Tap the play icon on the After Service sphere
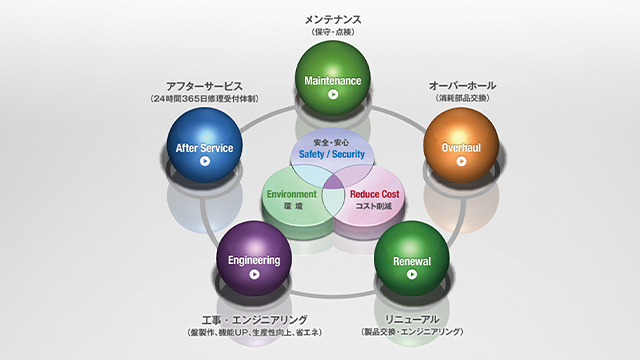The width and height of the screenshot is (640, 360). pyautogui.click(x=204, y=160)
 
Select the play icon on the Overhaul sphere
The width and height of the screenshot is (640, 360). pyautogui.click(x=461, y=160)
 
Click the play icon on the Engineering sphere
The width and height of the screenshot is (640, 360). pyautogui.click(x=254, y=274)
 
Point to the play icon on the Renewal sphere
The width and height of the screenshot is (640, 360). pyautogui.click(x=411, y=274)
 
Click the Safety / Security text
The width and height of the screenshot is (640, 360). pyautogui.click(x=333, y=154)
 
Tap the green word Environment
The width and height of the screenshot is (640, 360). pyautogui.click(x=291, y=193)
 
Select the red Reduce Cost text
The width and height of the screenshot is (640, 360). pyautogui.click(x=374, y=193)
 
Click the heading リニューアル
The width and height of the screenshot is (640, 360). pyautogui.click(x=411, y=318)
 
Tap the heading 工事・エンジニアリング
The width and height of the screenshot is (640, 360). pyautogui.click(x=254, y=318)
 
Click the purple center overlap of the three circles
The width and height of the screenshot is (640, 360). pyautogui.click(x=333, y=181)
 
